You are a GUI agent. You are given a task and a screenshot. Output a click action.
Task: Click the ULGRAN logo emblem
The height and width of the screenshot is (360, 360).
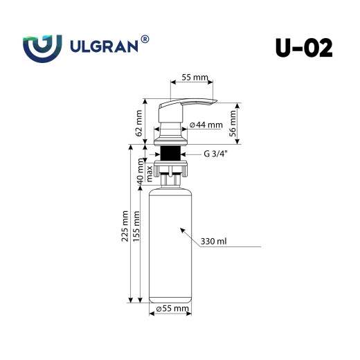coord(44,48)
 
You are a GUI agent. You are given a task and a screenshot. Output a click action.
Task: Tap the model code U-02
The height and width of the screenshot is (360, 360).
coord(303,47)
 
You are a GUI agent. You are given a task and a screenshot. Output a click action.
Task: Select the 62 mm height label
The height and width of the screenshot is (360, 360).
coord(139,123)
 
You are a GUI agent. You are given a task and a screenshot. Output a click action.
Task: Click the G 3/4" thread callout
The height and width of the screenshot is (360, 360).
coord(215,154)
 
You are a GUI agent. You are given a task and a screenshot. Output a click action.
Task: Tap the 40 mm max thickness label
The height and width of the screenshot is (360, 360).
coord(144,172)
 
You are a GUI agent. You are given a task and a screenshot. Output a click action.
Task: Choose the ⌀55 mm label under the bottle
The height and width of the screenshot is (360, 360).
coord(173,308)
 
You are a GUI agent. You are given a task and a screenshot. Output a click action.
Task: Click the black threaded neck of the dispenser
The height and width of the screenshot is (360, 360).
coord(170,154)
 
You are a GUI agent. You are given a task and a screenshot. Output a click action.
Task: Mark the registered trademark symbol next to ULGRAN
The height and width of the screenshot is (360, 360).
coord(144,40)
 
